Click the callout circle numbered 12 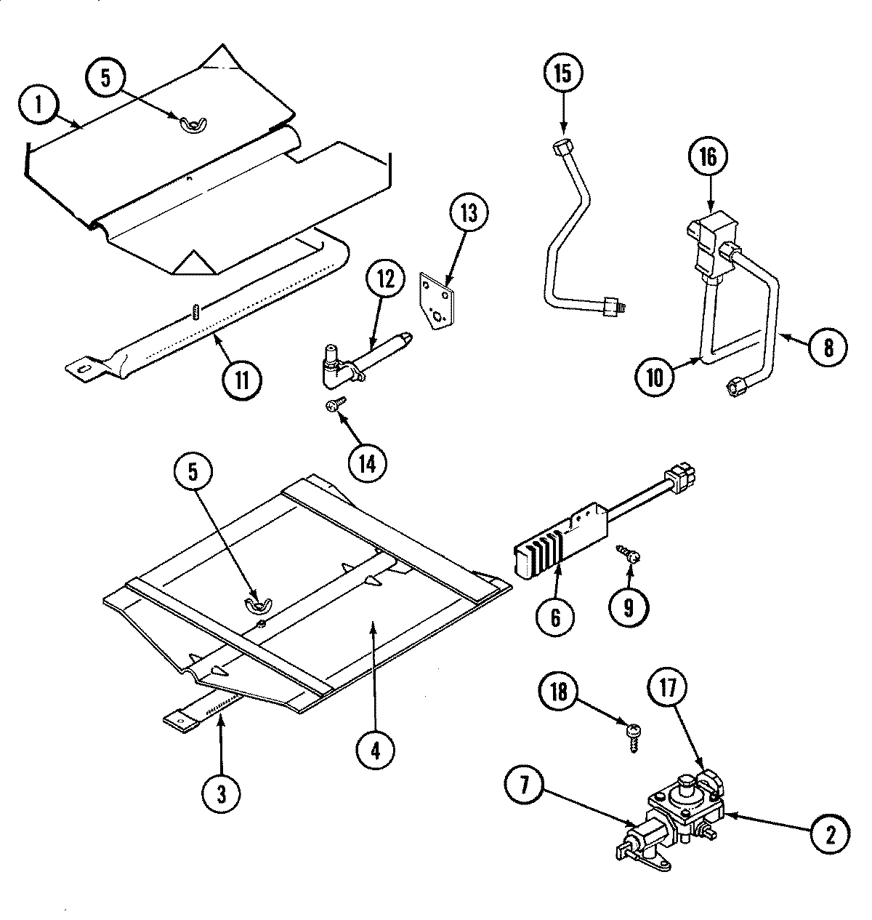[385, 279]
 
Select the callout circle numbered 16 [708, 156]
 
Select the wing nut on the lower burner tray [254, 603]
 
